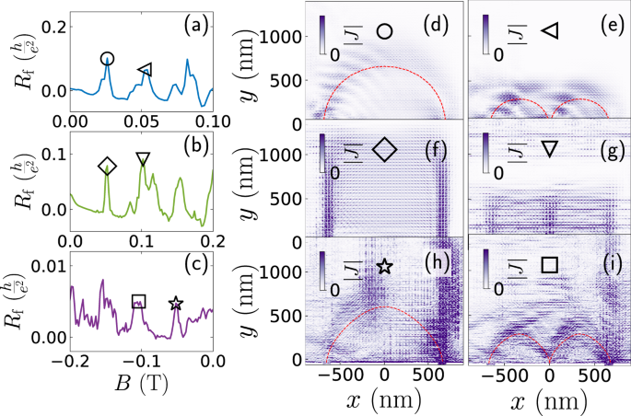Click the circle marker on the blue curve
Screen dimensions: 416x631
click(x=107, y=59)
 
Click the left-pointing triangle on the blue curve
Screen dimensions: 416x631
click(x=145, y=69)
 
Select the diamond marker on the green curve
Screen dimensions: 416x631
click(x=107, y=166)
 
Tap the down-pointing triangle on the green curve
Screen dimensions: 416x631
click(x=142, y=159)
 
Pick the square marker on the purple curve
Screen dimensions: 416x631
click(x=138, y=301)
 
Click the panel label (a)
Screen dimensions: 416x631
click(x=197, y=25)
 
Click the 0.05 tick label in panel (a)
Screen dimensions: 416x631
click(x=141, y=121)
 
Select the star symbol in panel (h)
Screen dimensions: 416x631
click(x=385, y=266)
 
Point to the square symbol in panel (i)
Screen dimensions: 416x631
click(x=549, y=265)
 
